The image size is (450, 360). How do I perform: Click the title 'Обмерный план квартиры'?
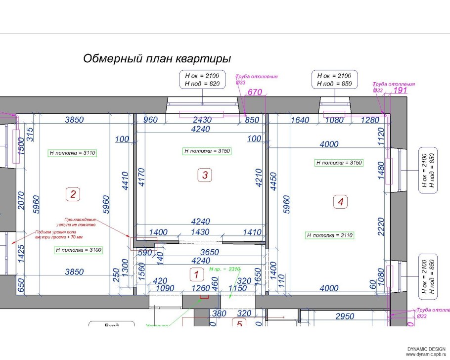coord(157,59)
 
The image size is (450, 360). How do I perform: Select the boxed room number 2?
coord(73,194)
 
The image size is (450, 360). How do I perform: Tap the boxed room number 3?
coord(205,174)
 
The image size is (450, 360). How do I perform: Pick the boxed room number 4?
coord(340,201)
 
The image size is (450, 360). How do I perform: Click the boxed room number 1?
coord(196,274)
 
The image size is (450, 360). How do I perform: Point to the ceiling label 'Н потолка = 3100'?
coord(79,250)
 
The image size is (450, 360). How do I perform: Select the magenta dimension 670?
coord(254,92)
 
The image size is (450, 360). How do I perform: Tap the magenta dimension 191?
coord(399,90)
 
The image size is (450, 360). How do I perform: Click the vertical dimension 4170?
coord(142,177)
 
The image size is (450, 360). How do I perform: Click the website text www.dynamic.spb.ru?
coord(426,355)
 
